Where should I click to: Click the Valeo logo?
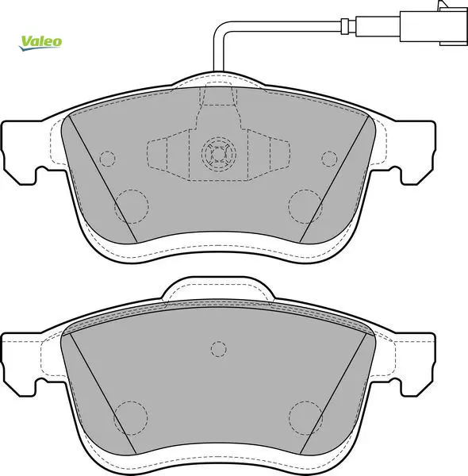click(40, 43)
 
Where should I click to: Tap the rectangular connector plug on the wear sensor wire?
click(433, 26)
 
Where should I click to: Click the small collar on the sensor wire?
click(345, 26)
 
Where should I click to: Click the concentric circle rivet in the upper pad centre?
click(218, 154)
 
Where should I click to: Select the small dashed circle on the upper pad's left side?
click(107, 159)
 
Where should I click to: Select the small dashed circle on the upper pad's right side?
click(329, 159)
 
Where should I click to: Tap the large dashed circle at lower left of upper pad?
click(132, 206)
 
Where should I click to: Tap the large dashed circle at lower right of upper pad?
click(305, 206)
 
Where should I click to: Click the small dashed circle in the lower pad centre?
click(218, 349)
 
